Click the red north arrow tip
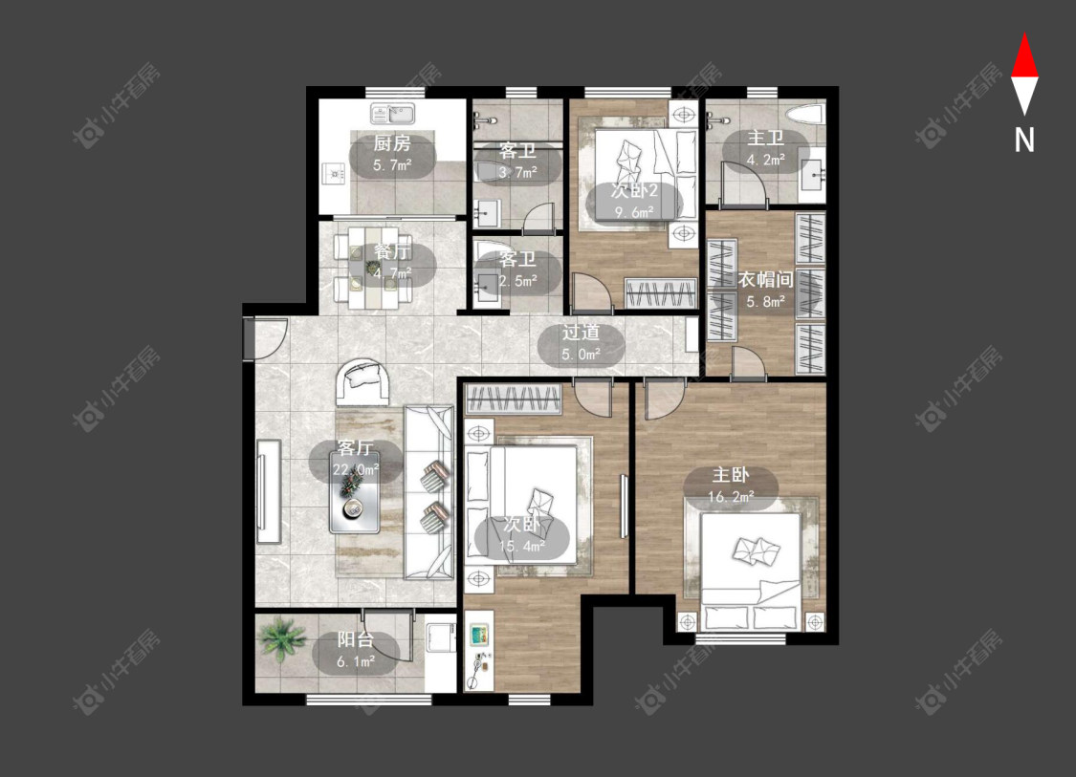(x=1024, y=34)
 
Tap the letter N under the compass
(x=1024, y=140)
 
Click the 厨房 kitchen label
(x=392, y=143)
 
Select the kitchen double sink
(x=392, y=113)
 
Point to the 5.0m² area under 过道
(x=581, y=355)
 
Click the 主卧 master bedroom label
(x=730, y=475)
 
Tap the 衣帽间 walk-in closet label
(x=766, y=279)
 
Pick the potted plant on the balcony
(x=281, y=639)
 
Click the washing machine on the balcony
(x=440, y=637)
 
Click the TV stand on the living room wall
(x=269, y=491)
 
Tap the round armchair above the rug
(x=363, y=381)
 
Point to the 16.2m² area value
(x=731, y=497)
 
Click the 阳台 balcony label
(x=356, y=639)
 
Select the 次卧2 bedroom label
(x=634, y=190)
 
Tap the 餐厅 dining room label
(x=392, y=251)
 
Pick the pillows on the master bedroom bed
(x=757, y=550)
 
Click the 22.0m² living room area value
(x=356, y=470)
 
